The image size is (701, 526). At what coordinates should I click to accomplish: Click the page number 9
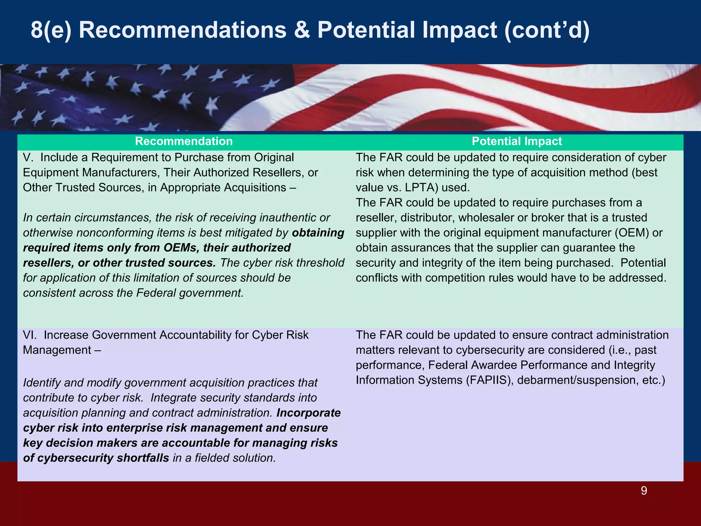coord(643,491)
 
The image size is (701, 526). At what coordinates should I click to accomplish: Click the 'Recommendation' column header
coord(184,141)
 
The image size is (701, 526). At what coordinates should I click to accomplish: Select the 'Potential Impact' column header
coord(517,141)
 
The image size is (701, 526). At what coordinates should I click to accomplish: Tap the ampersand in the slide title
coord(302,30)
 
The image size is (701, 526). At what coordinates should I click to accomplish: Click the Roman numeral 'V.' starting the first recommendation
coord(28,158)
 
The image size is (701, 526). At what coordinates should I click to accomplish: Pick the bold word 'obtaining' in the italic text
coord(318,233)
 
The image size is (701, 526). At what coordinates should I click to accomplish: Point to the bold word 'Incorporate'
coord(308,413)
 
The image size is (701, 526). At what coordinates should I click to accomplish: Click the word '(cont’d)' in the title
coord(547,30)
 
